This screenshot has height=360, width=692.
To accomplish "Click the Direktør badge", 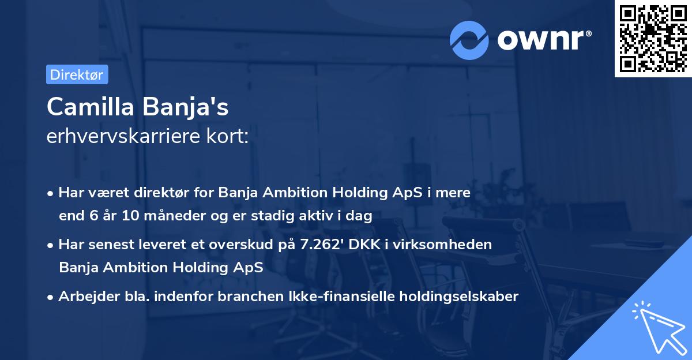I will pos(77,74).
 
